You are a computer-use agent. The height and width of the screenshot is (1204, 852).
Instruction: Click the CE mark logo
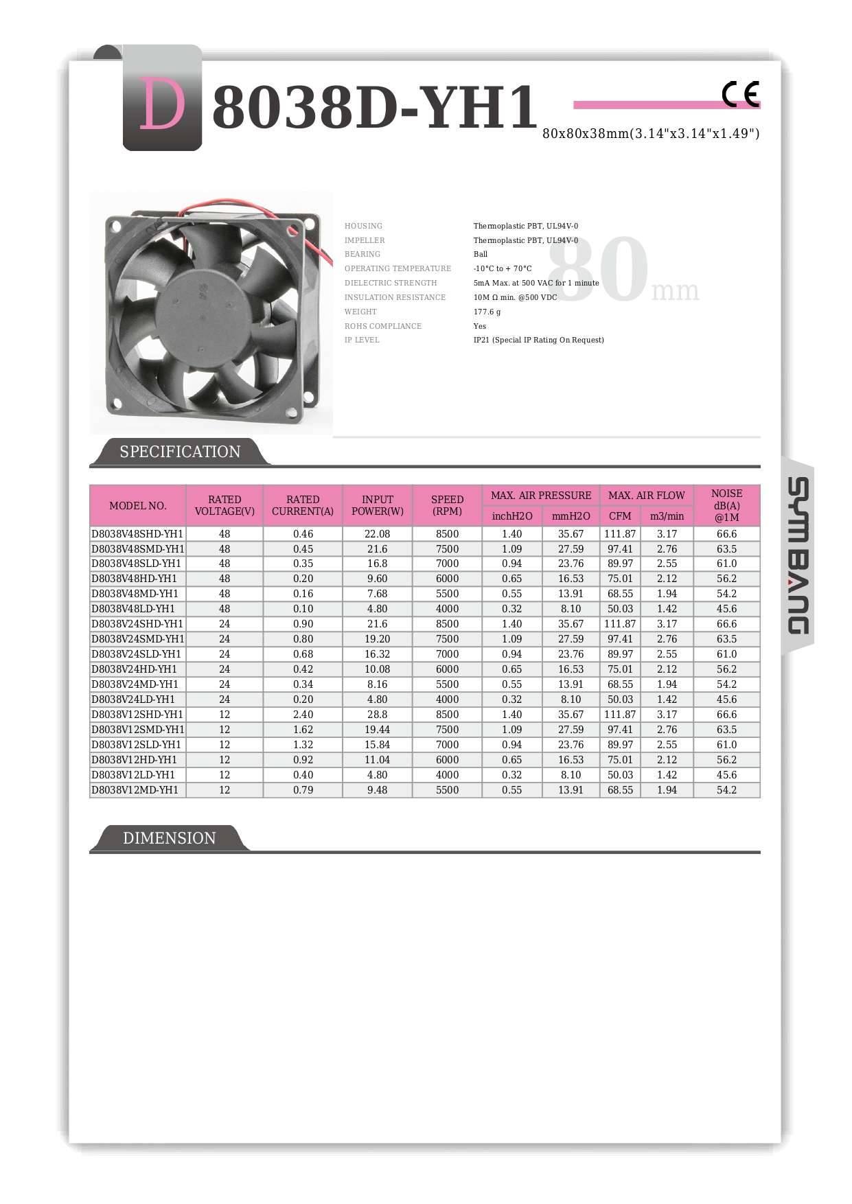740,94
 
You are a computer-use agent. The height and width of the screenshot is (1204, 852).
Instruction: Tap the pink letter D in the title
162,105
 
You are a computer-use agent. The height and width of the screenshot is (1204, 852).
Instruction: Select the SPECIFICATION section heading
180,452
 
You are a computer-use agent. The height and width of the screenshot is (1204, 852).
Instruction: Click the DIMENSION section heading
169,838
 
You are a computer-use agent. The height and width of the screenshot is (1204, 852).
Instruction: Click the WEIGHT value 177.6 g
487,312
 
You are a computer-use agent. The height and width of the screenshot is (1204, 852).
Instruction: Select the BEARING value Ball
480,254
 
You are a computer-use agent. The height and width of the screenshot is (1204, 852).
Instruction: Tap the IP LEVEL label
362,340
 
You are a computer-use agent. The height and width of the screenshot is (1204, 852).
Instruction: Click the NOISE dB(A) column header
726,505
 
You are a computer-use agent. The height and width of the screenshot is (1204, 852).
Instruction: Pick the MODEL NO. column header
138,506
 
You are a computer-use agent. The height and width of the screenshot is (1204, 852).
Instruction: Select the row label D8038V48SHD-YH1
137,534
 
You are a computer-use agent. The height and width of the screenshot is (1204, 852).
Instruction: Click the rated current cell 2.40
303,715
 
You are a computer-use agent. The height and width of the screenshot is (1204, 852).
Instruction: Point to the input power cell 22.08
377,534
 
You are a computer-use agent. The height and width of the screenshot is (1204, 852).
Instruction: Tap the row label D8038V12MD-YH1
135,790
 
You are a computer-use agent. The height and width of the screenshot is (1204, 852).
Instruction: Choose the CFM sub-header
620,516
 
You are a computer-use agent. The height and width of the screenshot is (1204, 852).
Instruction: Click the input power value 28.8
377,715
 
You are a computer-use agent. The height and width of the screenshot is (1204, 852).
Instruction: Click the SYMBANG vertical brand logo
797,555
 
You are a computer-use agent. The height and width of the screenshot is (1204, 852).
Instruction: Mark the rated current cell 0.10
303,609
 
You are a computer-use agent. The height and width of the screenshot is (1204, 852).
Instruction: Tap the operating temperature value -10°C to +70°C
503,268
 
